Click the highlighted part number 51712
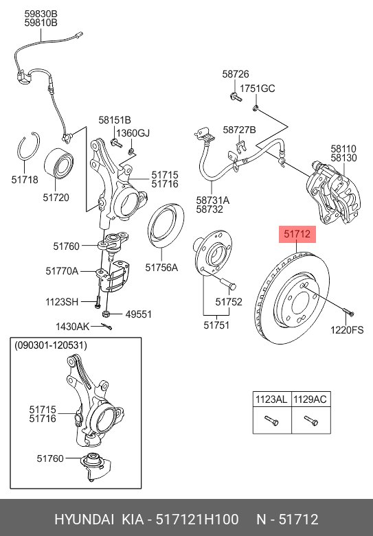[297, 235]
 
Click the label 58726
[235, 74]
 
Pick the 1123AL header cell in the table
[271, 399]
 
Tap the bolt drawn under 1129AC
[308, 421]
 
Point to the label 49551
[138, 314]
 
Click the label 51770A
[62, 271]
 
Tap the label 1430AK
[72, 327]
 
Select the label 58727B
[240, 130]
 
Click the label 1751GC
[257, 89]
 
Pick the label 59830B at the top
[41, 14]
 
